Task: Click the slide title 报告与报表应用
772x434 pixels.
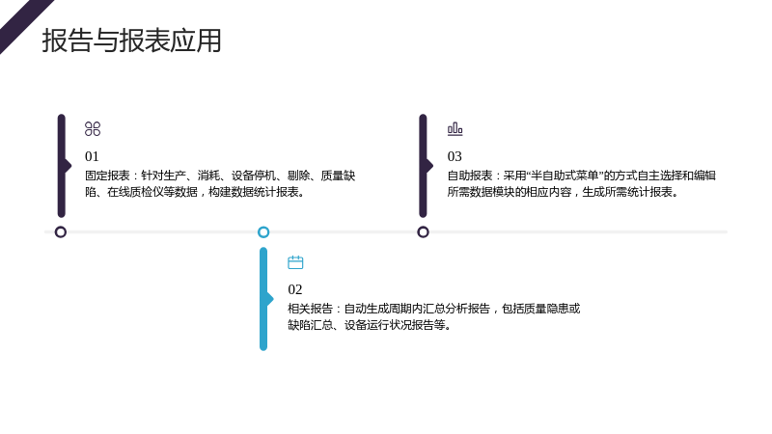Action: (131, 41)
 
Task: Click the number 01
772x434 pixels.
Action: (92, 156)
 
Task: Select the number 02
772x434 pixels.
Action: (295, 289)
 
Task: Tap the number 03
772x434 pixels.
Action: (455, 156)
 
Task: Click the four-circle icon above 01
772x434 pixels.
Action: (93, 129)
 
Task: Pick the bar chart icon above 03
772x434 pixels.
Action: (455, 129)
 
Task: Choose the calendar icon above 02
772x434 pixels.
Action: (295, 262)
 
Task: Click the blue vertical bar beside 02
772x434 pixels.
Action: (263, 299)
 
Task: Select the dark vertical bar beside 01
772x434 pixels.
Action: (62, 166)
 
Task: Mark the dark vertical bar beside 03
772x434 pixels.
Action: (424, 166)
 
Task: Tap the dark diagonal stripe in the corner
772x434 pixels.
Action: (25, 25)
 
